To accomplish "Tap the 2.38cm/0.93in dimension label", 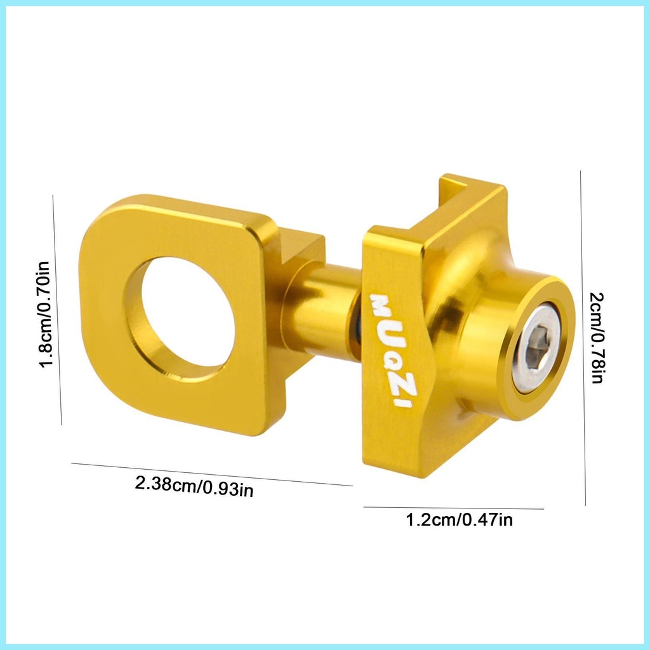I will coord(194,487).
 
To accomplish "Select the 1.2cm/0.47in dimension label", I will coord(459,521).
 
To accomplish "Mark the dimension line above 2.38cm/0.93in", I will coord(211,474).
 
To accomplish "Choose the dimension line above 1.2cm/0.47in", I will coord(453,508).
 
